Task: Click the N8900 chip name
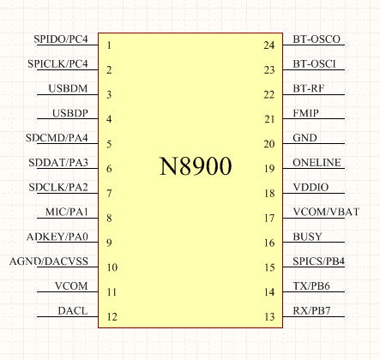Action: (x=196, y=166)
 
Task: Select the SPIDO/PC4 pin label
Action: (x=61, y=39)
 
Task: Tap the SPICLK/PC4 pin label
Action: (x=57, y=63)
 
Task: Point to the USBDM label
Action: (x=68, y=88)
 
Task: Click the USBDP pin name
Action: (x=70, y=113)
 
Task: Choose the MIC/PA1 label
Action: (x=67, y=212)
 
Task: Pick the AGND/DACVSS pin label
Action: (x=49, y=261)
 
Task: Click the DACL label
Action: (x=73, y=311)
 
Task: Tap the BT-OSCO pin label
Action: (x=317, y=39)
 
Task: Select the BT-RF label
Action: (x=309, y=88)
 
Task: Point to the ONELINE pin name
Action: (x=317, y=163)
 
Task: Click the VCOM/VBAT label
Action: (x=326, y=212)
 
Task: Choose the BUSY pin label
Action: (x=307, y=237)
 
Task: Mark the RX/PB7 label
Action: (x=311, y=311)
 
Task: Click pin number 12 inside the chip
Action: (x=112, y=317)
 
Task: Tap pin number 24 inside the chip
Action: (x=269, y=45)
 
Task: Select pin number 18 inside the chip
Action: (x=269, y=194)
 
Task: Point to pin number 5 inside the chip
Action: (x=109, y=144)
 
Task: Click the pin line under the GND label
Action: (x=314, y=144)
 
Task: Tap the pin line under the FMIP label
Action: (x=314, y=119)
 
